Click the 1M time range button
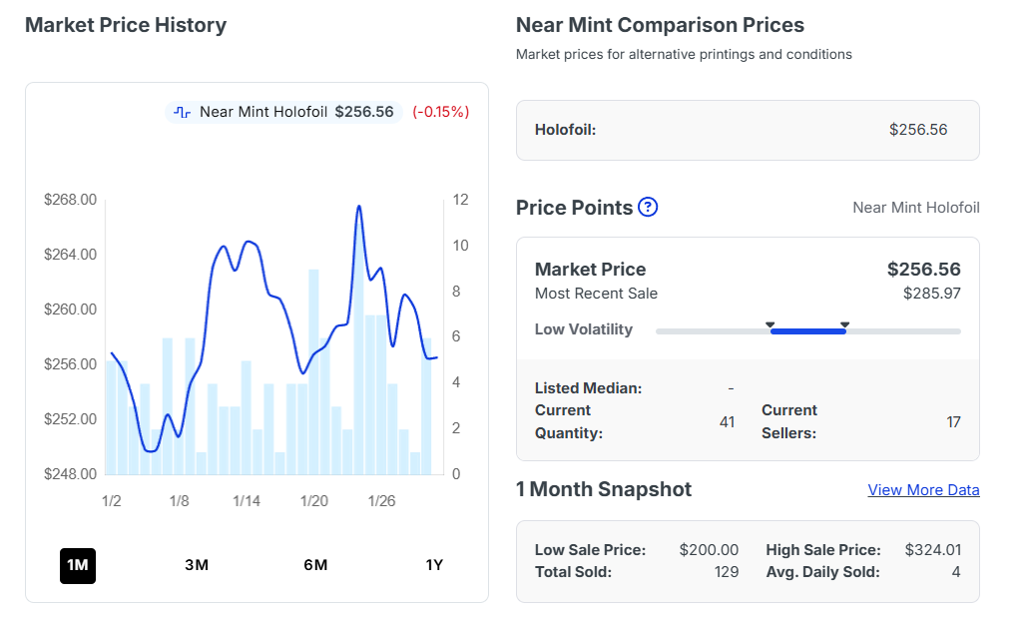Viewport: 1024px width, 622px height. click(x=78, y=565)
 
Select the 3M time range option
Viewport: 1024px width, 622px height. click(x=197, y=565)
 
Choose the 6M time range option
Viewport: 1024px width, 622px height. click(x=315, y=565)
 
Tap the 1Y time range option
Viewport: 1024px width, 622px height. click(x=434, y=565)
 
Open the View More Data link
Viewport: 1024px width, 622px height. click(x=923, y=490)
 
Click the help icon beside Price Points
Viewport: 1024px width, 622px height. click(x=648, y=208)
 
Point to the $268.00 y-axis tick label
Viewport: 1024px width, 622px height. click(x=71, y=200)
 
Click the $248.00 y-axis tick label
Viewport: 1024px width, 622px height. click(x=71, y=474)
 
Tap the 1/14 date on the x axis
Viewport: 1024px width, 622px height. click(x=247, y=500)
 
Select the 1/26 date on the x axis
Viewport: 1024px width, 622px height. click(x=381, y=500)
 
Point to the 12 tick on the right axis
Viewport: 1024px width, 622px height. click(x=460, y=200)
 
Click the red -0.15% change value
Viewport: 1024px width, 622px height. click(x=440, y=112)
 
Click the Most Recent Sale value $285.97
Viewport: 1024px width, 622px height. click(x=931, y=294)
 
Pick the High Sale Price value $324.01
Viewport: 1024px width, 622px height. click(x=932, y=550)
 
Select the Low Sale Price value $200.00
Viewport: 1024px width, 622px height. click(x=709, y=550)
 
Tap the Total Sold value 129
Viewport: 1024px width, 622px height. click(x=727, y=572)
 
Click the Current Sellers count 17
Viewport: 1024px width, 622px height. click(x=953, y=422)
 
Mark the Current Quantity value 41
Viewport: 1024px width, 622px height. click(x=727, y=422)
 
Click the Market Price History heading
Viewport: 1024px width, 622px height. click(x=126, y=25)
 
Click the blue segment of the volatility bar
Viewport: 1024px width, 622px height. click(x=808, y=330)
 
